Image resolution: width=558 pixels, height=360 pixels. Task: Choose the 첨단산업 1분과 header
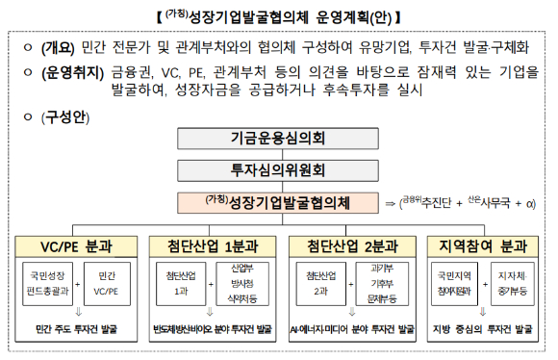point(215,245)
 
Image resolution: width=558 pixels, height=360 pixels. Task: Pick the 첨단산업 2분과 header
point(351,245)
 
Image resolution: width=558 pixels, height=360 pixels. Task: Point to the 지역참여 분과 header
point(489,245)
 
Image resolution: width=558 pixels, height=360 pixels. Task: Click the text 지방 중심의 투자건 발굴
point(488,329)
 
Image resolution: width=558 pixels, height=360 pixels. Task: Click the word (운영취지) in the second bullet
point(71,71)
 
